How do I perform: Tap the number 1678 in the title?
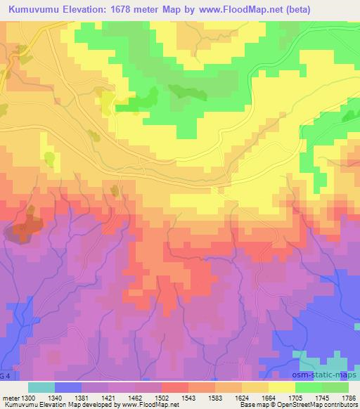click(x=139, y=8)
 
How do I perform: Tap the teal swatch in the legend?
click(x=41, y=387)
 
